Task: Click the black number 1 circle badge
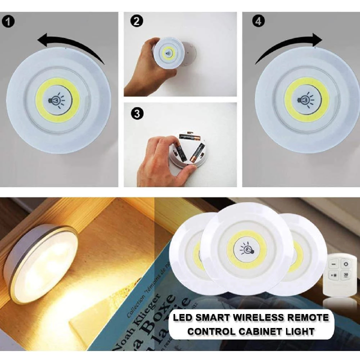pos(8,21)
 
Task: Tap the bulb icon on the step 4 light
pos(306,99)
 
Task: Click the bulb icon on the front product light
pos(246,248)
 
